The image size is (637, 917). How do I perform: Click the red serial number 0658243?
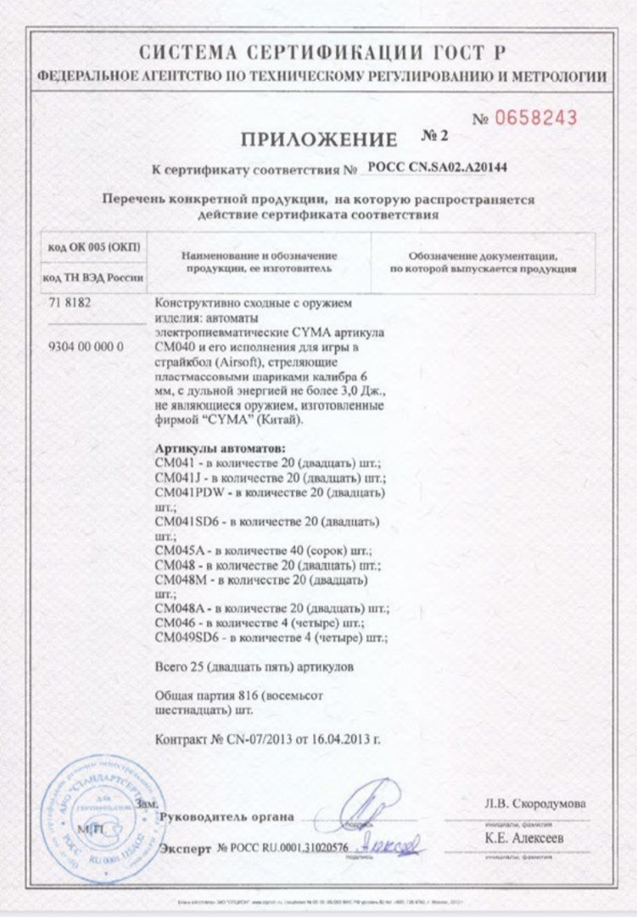(x=537, y=118)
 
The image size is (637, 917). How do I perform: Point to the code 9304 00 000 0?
(x=82, y=347)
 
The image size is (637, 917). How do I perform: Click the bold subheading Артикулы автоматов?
(x=221, y=447)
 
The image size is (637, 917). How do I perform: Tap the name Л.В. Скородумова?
(x=534, y=803)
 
